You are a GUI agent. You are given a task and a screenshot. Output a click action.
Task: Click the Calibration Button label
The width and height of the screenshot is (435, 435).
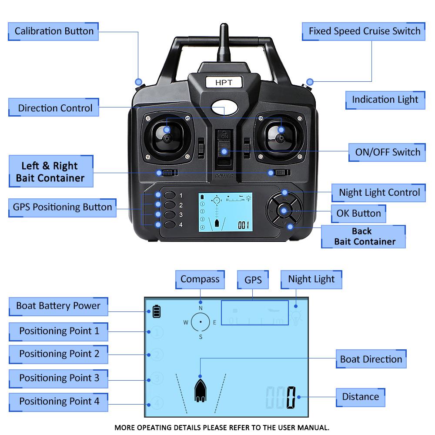(54, 31)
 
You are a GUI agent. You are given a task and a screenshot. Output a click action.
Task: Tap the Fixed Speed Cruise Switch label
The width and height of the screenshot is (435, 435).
(364, 31)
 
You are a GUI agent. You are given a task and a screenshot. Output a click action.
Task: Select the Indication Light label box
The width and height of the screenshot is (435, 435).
(385, 100)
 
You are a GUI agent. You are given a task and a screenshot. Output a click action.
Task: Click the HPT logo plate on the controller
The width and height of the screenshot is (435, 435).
(224, 83)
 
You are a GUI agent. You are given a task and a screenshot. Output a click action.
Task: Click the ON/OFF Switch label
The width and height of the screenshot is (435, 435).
(388, 152)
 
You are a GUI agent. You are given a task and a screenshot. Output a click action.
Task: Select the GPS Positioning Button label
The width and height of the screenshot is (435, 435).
(62, 207)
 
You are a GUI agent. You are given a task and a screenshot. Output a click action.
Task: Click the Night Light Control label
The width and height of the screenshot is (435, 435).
(379, 193)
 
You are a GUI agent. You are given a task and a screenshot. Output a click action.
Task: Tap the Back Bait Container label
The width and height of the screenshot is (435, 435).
(364, 237)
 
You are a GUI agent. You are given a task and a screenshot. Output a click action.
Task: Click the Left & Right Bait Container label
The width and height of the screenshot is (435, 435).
(50, 172)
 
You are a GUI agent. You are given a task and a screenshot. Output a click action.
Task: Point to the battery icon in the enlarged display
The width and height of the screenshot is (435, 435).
(156, 311)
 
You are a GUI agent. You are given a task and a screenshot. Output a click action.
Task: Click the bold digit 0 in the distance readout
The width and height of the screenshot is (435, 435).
(291, 397)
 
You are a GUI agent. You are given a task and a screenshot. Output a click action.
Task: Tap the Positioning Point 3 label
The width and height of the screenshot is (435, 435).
(59, 378)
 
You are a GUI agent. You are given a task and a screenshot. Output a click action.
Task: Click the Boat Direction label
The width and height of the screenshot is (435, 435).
(371, 359)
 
